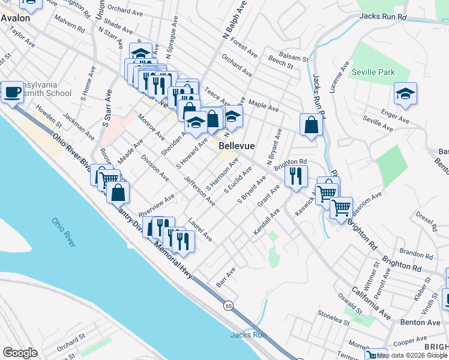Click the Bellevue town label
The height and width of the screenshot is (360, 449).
point(237,146)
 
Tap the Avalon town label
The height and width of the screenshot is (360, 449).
point(15,18)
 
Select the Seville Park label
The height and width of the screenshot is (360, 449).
point(373,72)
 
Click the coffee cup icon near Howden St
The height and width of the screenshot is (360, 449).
point(13,93)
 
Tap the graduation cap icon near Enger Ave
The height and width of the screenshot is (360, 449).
point(405,94)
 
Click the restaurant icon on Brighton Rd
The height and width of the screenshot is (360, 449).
point(295,176)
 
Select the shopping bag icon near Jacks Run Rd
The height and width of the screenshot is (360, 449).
point(311,125)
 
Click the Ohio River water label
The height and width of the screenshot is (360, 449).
point(64,231)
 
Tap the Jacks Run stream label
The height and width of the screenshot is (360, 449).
point(248,335)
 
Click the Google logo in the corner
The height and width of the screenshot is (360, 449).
point(20,352)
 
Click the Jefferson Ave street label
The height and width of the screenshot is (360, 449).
point(199,191)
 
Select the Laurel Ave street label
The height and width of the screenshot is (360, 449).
point(200,229)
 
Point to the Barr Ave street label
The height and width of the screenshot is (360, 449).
point(225,278)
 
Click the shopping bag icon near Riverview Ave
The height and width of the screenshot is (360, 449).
point(119,192)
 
